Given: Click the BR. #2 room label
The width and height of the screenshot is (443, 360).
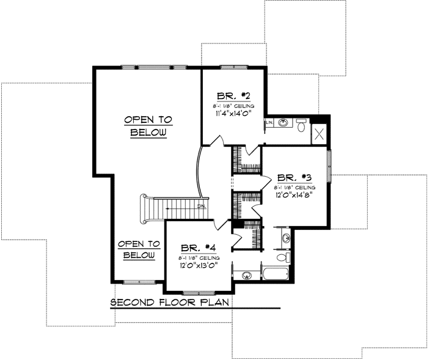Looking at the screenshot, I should pyautogui.click(x=232, y=96).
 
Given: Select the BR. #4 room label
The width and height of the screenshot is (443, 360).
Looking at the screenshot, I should pyautogui.click(x=199, y=248).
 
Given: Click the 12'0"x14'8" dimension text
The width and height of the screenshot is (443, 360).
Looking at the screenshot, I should pyautogui.click(x=295, y=197).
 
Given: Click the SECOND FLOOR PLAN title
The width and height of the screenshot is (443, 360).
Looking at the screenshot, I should pyautogui.click(x=172, y=303).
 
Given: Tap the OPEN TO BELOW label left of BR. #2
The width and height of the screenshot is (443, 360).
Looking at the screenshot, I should pyautogui.click(x=148, y=126).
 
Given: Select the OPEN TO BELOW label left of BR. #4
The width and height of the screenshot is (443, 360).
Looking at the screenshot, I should pyautogui.click(x=139, y=249).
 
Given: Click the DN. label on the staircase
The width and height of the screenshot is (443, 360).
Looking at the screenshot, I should pyautogui.click(x=201, y=207).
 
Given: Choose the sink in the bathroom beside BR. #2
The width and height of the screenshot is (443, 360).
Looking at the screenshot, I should pyautogui.click(x=283, y=123).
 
